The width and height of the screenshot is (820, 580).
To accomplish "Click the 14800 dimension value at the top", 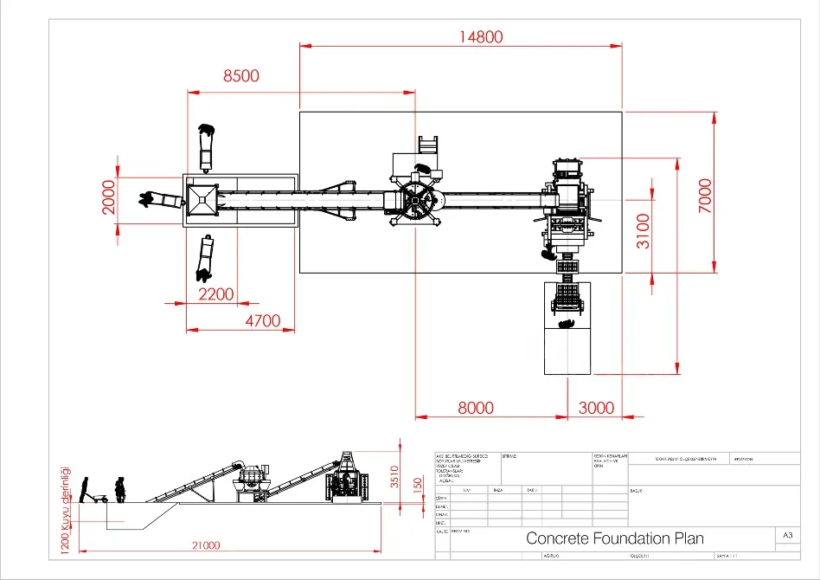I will (x=481, y=36).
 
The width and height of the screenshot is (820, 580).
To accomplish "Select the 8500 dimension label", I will (x=240, y=76).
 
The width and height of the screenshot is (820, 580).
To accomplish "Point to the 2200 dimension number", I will (x=215, y=294).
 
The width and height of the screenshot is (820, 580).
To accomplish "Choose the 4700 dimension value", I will (x=263, y=321).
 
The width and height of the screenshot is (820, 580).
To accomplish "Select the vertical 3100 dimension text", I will (x=644, y=231).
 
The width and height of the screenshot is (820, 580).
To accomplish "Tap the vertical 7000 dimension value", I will (x=705, y=197).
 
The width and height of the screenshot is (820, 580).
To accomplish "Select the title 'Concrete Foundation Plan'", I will (x=615, y=538).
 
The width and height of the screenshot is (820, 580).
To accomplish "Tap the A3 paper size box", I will (x=787, y=537).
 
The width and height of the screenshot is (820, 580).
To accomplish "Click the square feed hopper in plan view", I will (x=202, y=199).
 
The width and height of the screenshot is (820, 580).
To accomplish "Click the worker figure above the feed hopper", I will (x=206, y=147).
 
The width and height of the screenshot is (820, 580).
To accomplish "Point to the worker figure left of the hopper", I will (x=161, y=200).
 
